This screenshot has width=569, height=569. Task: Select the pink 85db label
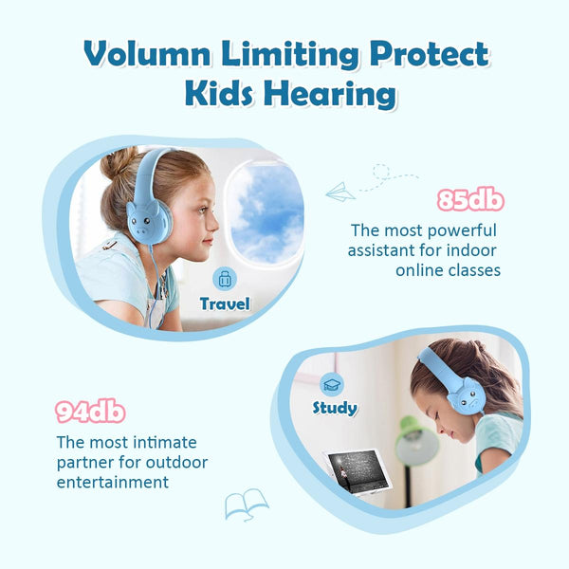pyautogui.click(x=469, y=201)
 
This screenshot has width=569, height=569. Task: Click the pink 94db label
pyautogui.click(x=90, y=413)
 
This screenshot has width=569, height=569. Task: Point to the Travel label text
pyautogui.click(x=225, y=304)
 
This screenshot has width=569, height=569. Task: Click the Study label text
pyautogui.click(x=335, y=408)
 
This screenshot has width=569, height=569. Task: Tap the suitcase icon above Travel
pyautogui.click(x=225, y=279)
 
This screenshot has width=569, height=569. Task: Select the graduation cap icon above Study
pyautogui.click(x=332, y=384)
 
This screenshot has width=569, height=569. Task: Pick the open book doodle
pyautogui.click(x=246, y=504)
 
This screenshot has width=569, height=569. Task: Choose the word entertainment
pyautogui.click(x=112, y=482)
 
